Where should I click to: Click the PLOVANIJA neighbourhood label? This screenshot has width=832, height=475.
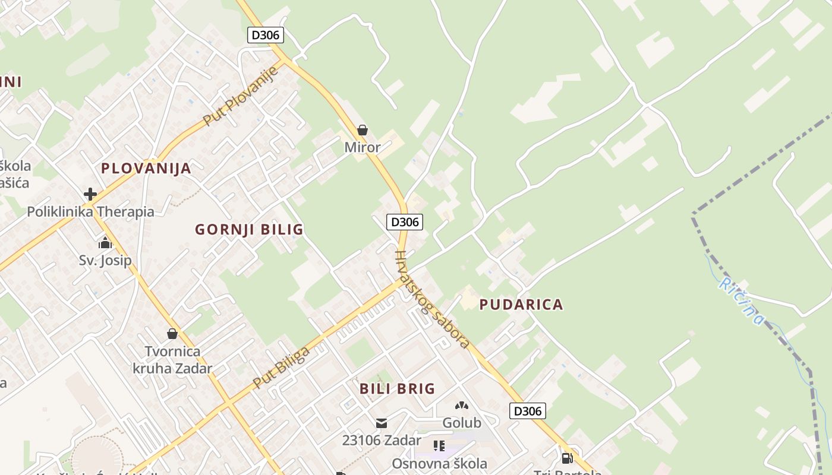click(146, 168)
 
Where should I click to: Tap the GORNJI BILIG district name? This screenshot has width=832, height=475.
click(249, 229)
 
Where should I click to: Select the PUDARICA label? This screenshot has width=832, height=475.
click(521, 305)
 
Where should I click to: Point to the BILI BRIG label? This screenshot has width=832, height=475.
click(397, 389)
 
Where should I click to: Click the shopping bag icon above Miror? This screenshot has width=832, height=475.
click(362, 129)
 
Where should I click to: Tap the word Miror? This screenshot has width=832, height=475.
click(362, 147)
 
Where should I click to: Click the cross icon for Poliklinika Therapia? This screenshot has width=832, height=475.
click(90, 194)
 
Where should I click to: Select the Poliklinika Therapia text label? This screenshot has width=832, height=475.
click(90, 211)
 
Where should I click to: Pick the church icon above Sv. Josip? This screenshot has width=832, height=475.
click(105, 242)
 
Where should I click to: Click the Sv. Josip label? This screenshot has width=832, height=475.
click(105, 260)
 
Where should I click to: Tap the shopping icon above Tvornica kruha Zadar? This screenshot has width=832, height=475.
click(172, 334)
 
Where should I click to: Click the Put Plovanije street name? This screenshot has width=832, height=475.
click(241, 96)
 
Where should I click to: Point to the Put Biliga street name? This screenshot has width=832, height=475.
click(281, 368)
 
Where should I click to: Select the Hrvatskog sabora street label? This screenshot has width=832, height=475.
click(432, 299)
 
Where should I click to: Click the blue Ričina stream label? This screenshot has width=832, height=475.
click(741, 301)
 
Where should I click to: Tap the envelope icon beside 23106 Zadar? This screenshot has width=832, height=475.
click(382, 423)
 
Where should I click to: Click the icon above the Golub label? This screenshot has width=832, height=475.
click(461, 406)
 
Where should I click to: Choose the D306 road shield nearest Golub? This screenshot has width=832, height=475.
click(527, 411)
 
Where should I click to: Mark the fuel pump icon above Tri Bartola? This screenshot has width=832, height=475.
click(567, 458)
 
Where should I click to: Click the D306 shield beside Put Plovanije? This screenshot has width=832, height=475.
click(265, 35)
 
